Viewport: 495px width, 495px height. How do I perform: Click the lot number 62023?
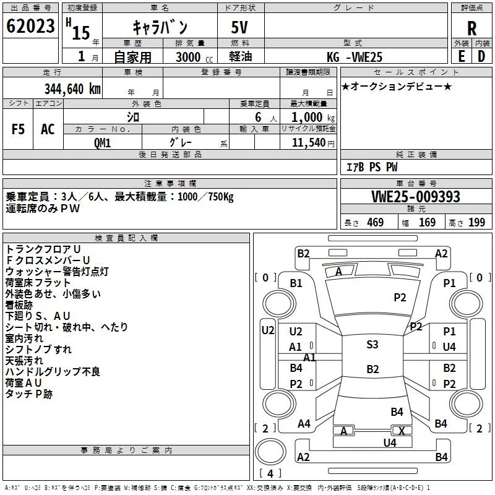(x=30, y=26)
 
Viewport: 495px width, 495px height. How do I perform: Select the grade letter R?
(x=471, y=28)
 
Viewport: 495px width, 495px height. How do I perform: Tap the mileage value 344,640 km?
(x=72, y=89)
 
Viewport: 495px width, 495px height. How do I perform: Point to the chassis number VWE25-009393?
(x=416, y=197)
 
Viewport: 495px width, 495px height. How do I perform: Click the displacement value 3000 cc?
(x=194, y=57)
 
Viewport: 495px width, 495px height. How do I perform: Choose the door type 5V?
(x=239, y=27)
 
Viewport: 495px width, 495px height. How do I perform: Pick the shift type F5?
(x=18, y=129)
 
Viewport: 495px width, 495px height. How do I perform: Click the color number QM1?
(x=102, y=143)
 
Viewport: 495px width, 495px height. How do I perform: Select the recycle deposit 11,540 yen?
(x=313, y=143)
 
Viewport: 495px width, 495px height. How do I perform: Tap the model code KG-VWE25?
(x=355, y=57)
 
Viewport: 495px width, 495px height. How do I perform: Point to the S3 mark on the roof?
(x=372, y=345)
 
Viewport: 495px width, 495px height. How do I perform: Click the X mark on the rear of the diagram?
(x=402, y=431)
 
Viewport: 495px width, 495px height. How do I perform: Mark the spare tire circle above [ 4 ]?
(x=270, y=451)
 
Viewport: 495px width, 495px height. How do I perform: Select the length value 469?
(x=376, y=223)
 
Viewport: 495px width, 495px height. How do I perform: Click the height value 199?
(x=476, y=223)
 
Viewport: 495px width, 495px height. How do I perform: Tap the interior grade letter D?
(x=481, y=56)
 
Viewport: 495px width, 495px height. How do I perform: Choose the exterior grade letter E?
(x=461, y=56)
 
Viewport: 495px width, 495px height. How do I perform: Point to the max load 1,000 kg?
(x=312, y=118)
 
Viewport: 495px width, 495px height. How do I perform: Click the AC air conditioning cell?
(x=48, y=129)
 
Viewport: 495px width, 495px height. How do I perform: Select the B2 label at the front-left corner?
(x=303, y=254)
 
